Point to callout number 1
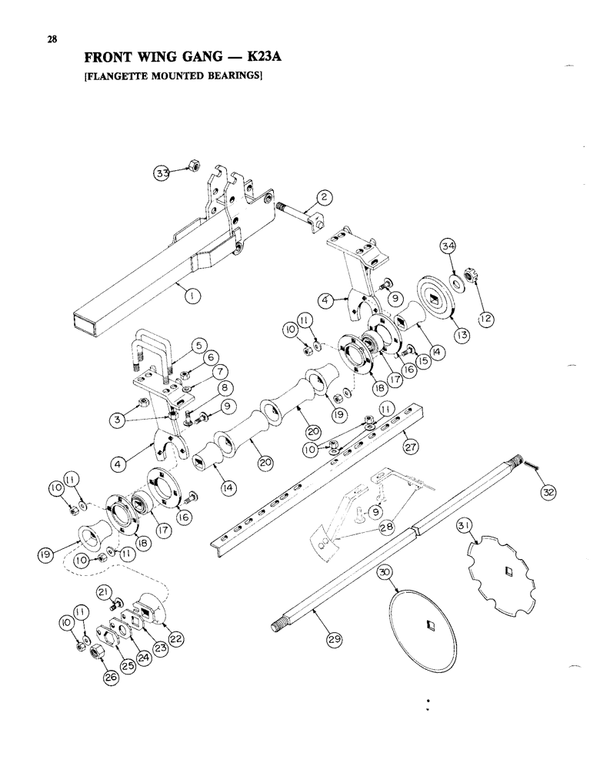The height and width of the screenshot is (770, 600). click(185, 291)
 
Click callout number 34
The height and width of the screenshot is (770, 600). click(448, 246)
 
